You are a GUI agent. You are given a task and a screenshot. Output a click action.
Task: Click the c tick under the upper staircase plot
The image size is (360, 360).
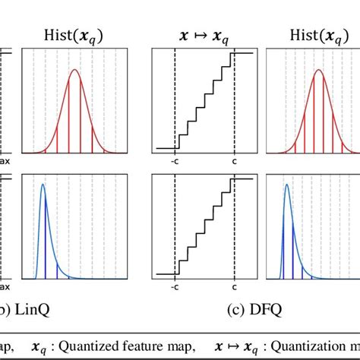235,161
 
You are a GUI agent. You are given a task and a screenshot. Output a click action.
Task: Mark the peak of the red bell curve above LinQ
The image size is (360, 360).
74,71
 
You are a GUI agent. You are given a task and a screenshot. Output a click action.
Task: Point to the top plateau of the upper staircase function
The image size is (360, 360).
243,52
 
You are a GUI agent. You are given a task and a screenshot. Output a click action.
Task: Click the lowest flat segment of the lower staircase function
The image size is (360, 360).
166,273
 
